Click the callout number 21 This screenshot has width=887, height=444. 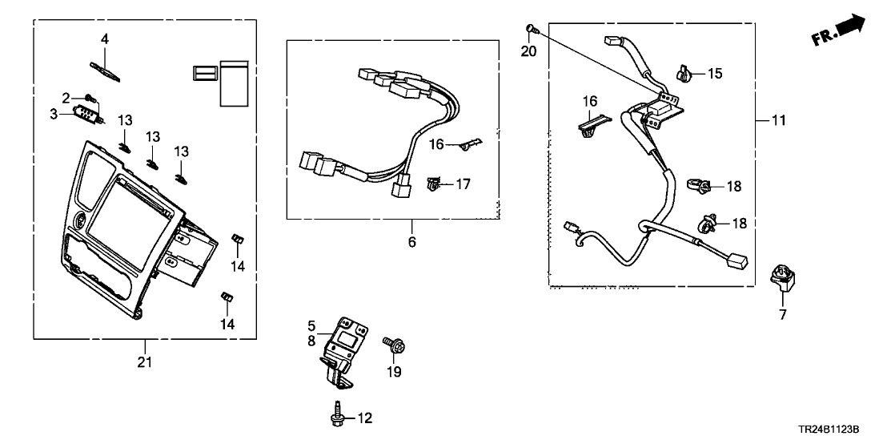[144, 363]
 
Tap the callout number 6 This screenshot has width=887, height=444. [413, 241]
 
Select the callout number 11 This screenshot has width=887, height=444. [779, 122]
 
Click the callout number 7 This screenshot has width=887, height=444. [783, 315]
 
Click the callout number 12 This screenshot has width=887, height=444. [365, 418]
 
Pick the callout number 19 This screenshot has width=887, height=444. [394, 371]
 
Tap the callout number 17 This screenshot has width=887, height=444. [463, 184]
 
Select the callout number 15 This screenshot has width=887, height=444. [714, 74]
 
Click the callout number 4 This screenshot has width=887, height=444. [104, 38]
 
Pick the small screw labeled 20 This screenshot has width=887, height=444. [531, 30]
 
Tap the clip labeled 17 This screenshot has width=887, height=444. [434, 185]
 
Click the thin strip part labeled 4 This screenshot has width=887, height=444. [107, 70]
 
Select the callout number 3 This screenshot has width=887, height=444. [54, 115]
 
